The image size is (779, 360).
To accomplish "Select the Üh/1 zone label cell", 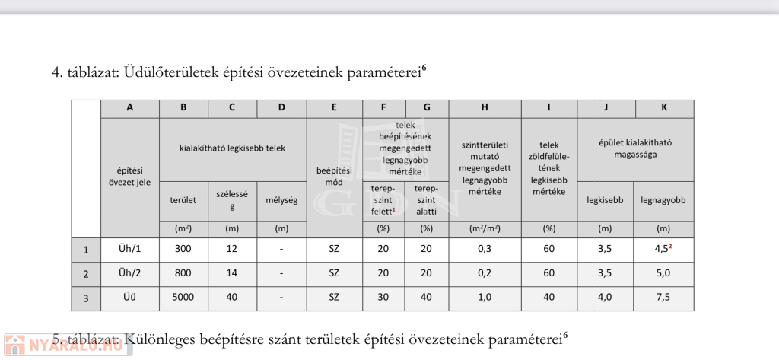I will tap(129, 249).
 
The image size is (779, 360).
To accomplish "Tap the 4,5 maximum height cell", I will tap(663, 249).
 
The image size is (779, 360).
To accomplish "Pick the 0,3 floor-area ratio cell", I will tap(485, 249).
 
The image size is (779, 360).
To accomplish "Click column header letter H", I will tap(485, 108).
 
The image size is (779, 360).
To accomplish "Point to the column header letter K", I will tap(663, 108).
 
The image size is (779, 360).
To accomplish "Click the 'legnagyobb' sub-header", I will tap(663, 201).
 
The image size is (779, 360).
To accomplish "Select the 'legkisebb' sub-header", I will tap(605, 201).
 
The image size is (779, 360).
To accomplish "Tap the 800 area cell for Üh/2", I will tap(183, 273).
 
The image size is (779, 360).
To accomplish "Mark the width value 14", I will tap(231, 273).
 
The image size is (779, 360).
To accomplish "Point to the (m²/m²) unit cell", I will tap(485, 228).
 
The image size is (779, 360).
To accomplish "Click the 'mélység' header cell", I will tap(281, 201).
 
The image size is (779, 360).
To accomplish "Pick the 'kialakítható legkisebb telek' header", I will tap(232, 149).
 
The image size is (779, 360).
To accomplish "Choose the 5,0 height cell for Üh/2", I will tap(663, 273).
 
